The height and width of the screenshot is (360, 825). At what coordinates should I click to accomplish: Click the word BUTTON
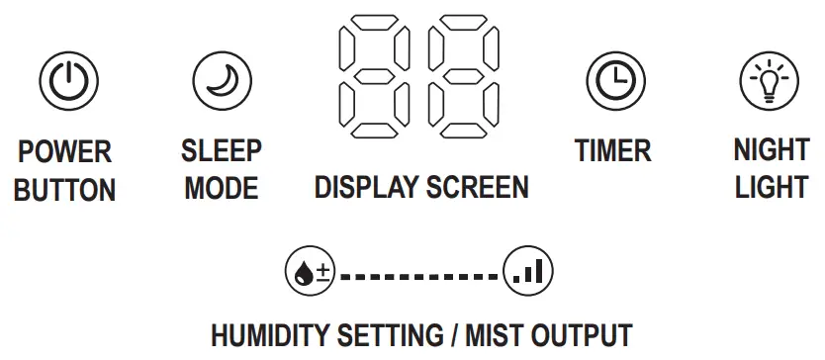[x=65, y=189]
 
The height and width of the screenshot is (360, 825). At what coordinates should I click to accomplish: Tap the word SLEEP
[x=222, y=151]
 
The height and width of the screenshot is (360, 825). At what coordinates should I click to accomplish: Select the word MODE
[x=222, y=188]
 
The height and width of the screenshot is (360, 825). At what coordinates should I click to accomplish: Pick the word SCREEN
[x=480, y=188]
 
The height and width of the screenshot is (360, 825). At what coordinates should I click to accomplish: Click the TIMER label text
[x=613, y=151]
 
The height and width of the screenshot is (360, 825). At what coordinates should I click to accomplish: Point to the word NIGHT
[x=771, y=151]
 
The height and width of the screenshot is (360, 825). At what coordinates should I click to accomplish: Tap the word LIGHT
[x=771, y=188]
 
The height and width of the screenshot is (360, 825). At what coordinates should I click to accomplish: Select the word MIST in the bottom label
[x=489, y=335]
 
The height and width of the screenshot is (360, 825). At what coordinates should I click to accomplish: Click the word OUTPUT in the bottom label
[x=582, y=335]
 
